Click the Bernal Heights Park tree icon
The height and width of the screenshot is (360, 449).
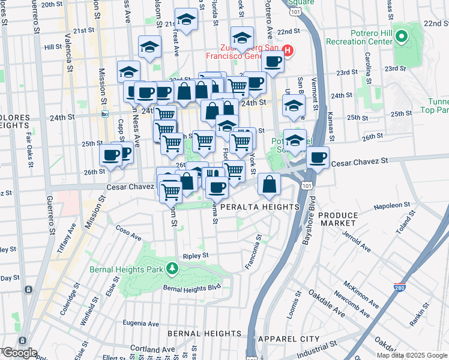172,268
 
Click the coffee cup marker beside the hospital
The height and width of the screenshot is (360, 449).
273,61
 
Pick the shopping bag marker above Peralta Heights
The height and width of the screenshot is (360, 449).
270,184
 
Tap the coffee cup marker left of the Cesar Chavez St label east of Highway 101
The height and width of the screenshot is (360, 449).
318,158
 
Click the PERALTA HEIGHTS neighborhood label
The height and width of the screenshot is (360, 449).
260,207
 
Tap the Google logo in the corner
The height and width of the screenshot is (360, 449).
19,353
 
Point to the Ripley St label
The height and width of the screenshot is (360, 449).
196,256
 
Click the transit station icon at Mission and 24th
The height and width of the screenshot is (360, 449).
105,113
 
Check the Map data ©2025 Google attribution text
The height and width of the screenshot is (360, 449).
412,355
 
